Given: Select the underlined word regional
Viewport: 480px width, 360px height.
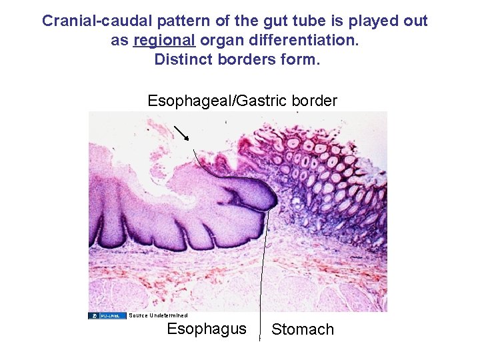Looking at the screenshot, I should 164,40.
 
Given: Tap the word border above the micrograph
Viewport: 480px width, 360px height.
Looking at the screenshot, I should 309,101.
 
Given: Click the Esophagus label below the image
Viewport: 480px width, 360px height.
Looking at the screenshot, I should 206,329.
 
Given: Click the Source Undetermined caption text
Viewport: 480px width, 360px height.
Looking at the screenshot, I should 158,315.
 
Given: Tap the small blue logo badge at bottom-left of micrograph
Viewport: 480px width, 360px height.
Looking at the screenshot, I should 107,315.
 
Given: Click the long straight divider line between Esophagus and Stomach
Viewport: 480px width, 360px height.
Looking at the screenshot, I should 264,267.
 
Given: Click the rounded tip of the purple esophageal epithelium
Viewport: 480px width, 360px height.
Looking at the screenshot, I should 270,197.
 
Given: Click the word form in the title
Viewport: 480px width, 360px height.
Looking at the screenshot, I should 303,59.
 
